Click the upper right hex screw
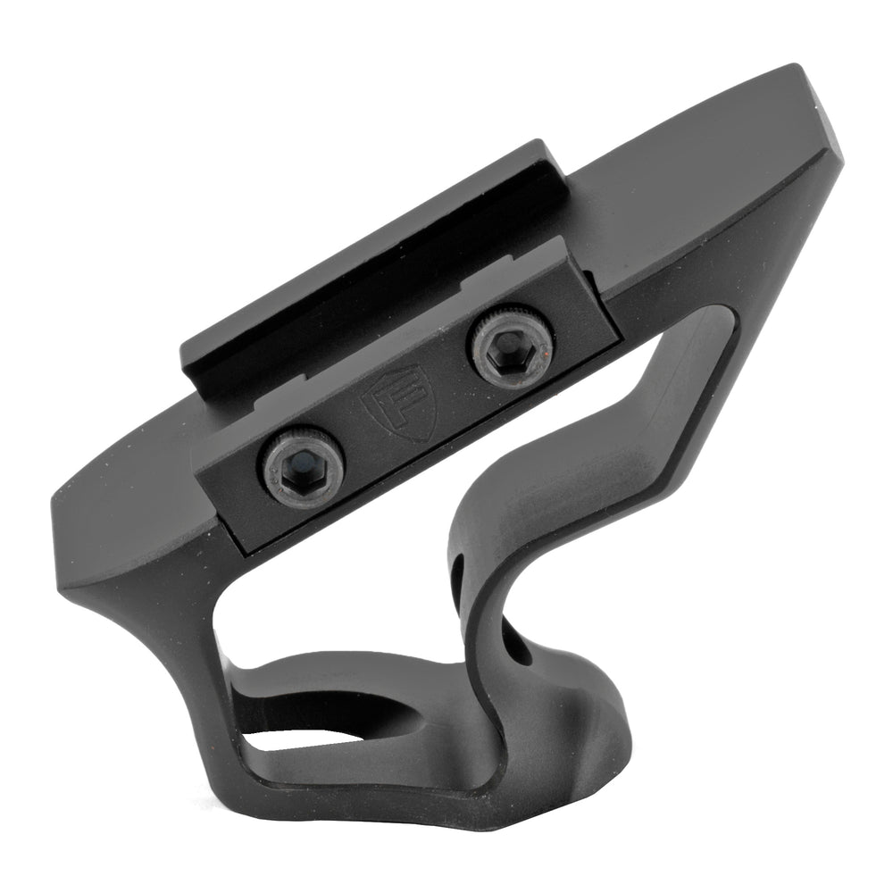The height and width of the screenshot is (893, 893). click(x=510, y=343)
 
